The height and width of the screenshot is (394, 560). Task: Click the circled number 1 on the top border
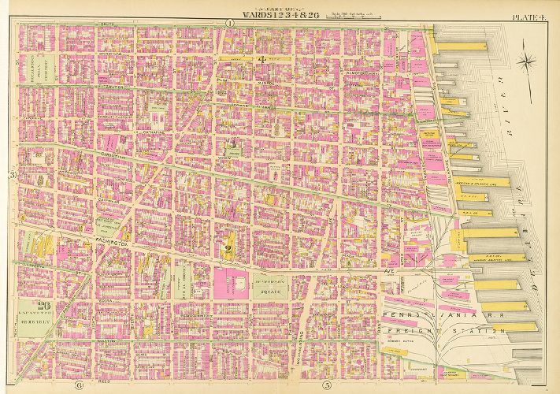pyautogui.click(x=229, y=24)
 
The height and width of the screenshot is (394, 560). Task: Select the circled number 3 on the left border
pyautogui.click(x=13, y=174)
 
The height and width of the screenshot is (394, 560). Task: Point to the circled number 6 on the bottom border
pyautogui.click(x=79, y=385)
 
